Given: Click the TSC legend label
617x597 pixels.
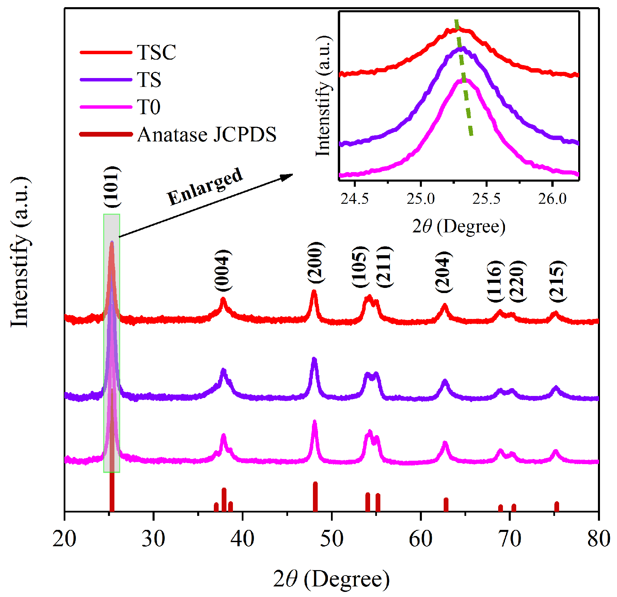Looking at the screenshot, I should pos(156,52).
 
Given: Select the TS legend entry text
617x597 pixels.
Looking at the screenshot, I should pos(149,80).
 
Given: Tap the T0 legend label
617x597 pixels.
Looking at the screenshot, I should pos(148,107).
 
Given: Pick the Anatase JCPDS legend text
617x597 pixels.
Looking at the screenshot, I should pos(207,135).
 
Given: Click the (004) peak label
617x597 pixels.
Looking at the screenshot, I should pos(223,270).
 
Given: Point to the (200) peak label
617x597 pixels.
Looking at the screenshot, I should pos(316,262).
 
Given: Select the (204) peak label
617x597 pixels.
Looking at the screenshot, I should pos(444,272).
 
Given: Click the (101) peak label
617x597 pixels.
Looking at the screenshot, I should pos(112,187).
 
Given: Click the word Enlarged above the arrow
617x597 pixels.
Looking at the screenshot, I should pos(205,186).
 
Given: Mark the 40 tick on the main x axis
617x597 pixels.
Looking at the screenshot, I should pos(242,539).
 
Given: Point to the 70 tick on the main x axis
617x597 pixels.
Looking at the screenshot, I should pos(509,539).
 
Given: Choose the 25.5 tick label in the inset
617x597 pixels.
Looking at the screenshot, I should pos(486,199).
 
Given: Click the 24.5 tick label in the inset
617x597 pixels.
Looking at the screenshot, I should pos(354,199).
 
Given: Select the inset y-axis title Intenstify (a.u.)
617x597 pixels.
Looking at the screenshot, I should pos(323,96).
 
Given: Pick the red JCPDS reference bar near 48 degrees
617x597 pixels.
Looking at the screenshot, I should pos(315,497).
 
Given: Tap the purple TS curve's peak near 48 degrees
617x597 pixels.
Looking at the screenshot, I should pos(314,360).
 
